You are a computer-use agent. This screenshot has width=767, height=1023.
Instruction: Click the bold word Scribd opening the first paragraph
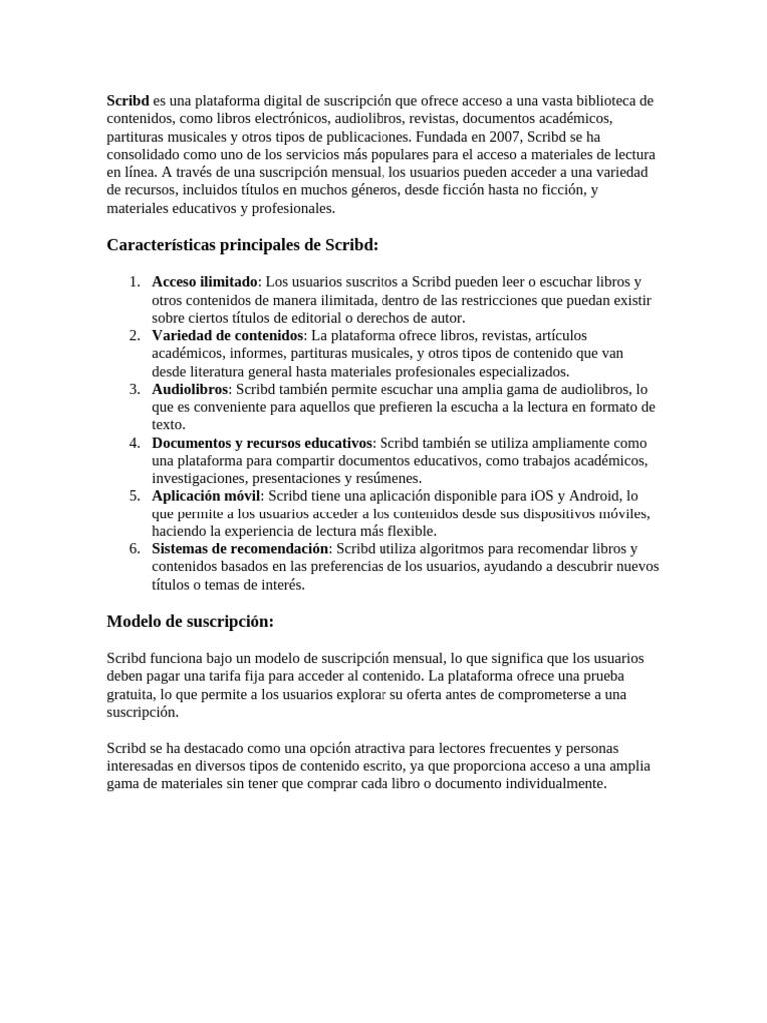128,101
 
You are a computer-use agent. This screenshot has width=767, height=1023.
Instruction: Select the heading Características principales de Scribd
243,245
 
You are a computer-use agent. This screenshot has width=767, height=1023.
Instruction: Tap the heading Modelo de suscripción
190,621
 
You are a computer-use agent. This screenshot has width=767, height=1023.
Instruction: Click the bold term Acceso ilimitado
204,281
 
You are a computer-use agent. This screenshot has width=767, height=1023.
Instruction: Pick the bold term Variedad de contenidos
227,335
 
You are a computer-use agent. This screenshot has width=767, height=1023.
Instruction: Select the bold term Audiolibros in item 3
190,389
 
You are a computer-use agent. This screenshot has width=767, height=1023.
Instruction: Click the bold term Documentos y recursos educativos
262,443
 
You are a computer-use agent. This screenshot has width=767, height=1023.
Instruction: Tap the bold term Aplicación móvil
206,497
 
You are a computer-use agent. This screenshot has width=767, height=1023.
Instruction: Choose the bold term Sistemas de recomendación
240,550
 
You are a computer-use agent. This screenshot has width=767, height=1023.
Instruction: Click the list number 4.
135,443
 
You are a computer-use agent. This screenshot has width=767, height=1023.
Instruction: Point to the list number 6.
135,550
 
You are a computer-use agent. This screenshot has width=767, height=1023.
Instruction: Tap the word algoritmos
461,550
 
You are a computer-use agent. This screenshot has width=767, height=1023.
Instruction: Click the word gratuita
132,694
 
